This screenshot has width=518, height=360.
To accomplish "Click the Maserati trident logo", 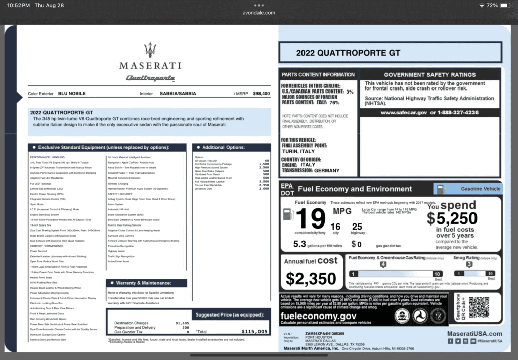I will [150, 50].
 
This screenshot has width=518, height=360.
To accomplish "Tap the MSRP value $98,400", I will [261, 94].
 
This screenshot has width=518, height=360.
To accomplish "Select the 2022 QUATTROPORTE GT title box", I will [390, 53].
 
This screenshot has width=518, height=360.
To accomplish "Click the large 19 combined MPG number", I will [310, 218].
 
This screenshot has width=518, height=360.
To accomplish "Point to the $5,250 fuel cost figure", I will [452, 218].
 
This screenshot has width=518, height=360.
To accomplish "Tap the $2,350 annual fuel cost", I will [311, 278].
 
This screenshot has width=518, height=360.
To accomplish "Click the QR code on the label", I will [479, 307].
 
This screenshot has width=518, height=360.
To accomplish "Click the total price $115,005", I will [254, 332].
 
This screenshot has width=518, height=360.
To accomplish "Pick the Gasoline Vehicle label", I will [473, 189].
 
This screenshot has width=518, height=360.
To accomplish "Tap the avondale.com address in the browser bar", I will [259, 13].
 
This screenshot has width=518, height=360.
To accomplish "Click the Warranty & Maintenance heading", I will [144, 283].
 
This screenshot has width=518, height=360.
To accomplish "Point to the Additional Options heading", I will [223, 147].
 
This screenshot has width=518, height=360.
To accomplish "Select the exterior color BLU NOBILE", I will [71, 94].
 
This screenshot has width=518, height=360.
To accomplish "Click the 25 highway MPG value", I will [357, 227].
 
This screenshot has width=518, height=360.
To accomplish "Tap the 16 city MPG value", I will [335, 227].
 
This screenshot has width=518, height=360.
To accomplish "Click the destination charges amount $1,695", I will [182, 323].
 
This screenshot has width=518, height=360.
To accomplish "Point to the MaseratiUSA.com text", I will [474, 334].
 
